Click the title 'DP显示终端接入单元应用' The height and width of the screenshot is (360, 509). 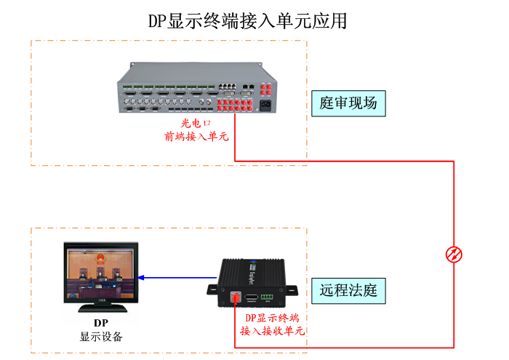248,20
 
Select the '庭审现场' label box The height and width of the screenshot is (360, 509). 348,103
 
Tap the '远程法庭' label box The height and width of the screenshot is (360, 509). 348,291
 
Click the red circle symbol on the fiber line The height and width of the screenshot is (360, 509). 454,255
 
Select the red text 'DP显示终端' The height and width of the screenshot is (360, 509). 271,318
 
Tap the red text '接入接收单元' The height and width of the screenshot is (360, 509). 271,331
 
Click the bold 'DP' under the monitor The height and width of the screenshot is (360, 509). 101,323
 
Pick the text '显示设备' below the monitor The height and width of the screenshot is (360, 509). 101,337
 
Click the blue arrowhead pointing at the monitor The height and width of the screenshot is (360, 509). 142,277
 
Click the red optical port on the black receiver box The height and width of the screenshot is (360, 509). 236,297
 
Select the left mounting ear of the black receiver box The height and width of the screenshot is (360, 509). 212,289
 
